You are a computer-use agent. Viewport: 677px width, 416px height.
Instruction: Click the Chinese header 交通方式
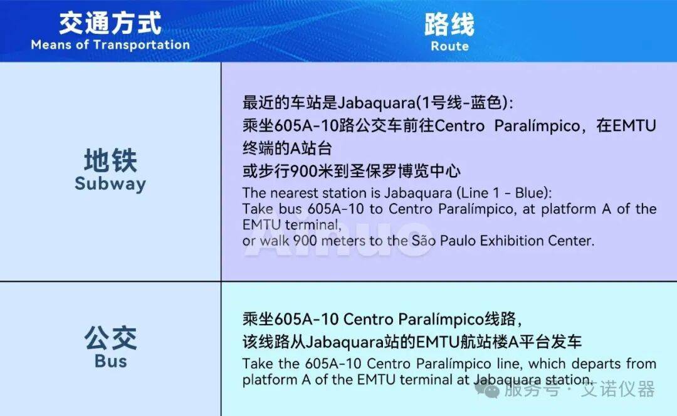(x=110, y=23)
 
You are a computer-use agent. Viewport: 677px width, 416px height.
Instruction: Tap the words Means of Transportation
(x=110, y=45)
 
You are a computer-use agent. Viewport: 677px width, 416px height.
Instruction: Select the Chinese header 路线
(x=449, y=24)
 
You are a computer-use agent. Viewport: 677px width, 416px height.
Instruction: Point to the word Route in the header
(x=449, y=46)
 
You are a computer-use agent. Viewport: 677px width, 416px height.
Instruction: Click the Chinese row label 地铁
(x=110, y=160)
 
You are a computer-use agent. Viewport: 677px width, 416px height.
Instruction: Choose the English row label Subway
(x=110, y=184)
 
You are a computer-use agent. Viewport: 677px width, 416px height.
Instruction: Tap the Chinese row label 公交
(x=110, y=338)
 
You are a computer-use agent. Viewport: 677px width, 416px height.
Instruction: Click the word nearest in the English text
(x=300, y=193)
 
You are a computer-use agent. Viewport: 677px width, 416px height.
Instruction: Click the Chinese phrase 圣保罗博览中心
(x=405, y=171)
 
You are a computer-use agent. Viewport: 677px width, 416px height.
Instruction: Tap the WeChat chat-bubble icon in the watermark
(x=487, y=390)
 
